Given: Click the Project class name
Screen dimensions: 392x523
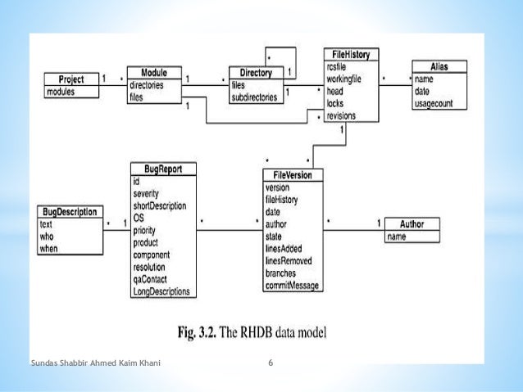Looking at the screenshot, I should [x=70, y=79].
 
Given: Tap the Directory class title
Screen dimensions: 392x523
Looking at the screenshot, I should [x=255, y=73].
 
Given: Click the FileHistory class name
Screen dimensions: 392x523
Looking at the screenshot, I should [x=351, y=55].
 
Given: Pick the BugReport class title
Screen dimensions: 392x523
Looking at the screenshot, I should [x=162, y=169].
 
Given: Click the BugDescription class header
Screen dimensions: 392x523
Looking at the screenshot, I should [x=69, y=211].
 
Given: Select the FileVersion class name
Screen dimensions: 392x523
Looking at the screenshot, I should [x=293, y=175].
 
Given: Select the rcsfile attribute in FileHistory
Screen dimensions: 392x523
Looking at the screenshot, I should [x=338, y=67].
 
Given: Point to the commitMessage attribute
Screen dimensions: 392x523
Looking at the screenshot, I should [x=292, y=286].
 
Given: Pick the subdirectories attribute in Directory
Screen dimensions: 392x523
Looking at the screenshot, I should [x=255, y=97].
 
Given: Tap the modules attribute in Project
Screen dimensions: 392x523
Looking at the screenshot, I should [x=61, y=92].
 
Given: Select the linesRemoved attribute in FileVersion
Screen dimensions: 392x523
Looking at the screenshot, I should [x=289, y=261].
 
